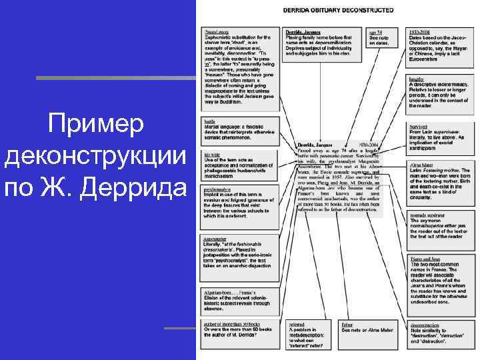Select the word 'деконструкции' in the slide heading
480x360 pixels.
click(x=95, y=157)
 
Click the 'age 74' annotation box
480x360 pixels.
click(x=383, y=37)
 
